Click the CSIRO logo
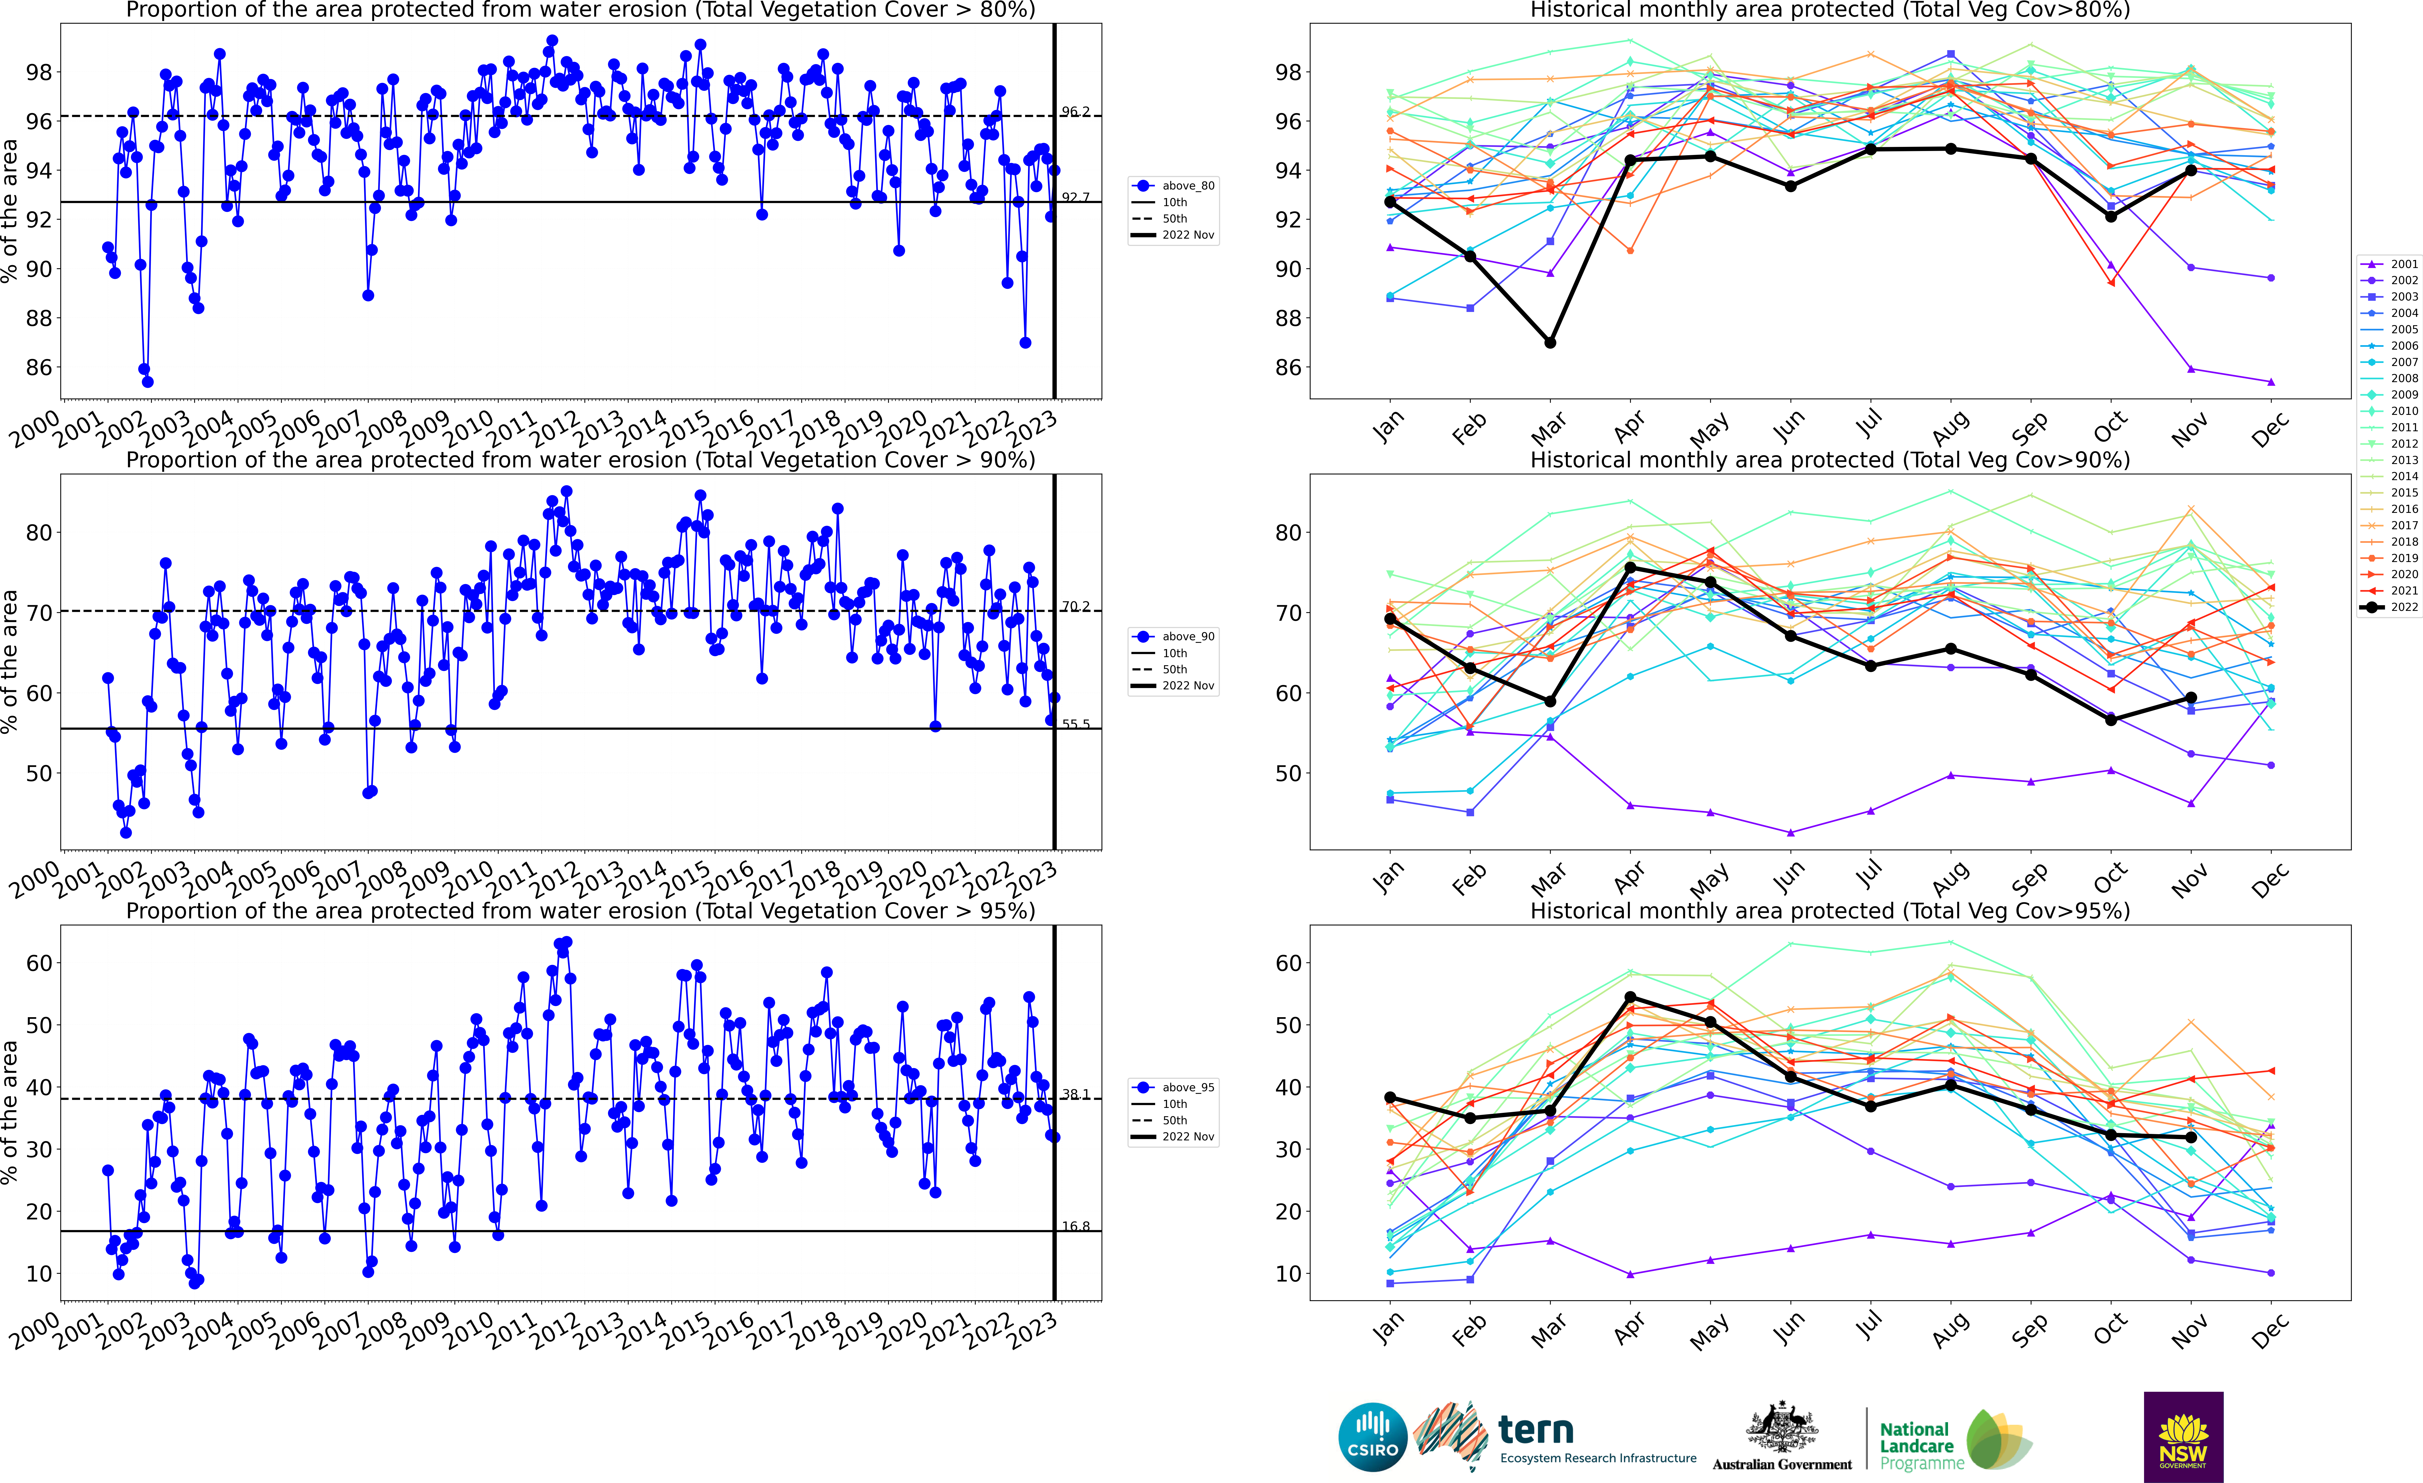tap(1373, 1437)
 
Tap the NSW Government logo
tap(2183, 1437)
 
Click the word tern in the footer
tap(1536, 1429)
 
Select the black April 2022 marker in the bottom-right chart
tap(1630, 997)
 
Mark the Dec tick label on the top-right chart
tap(2271, 430)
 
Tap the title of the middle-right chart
tap(1830, 460)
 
